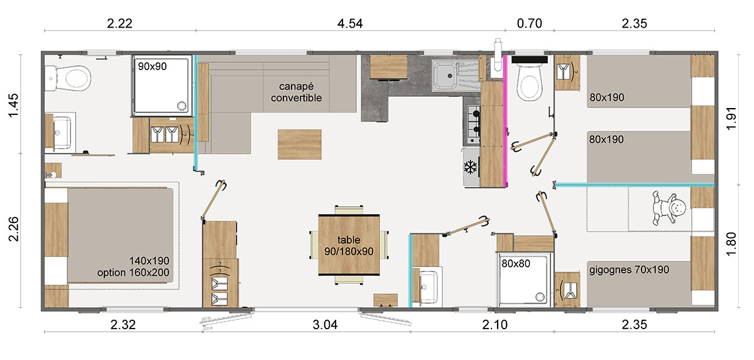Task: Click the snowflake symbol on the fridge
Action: pos(471,168)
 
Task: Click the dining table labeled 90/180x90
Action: pos(349,245)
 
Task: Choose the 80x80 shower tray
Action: pos(525,281)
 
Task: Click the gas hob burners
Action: pos(473,123)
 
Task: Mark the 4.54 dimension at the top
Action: pos(350,24)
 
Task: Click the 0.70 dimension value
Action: pos(529,24)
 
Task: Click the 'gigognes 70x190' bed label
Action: pos(629,270)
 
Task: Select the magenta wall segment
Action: pos(506,119)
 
